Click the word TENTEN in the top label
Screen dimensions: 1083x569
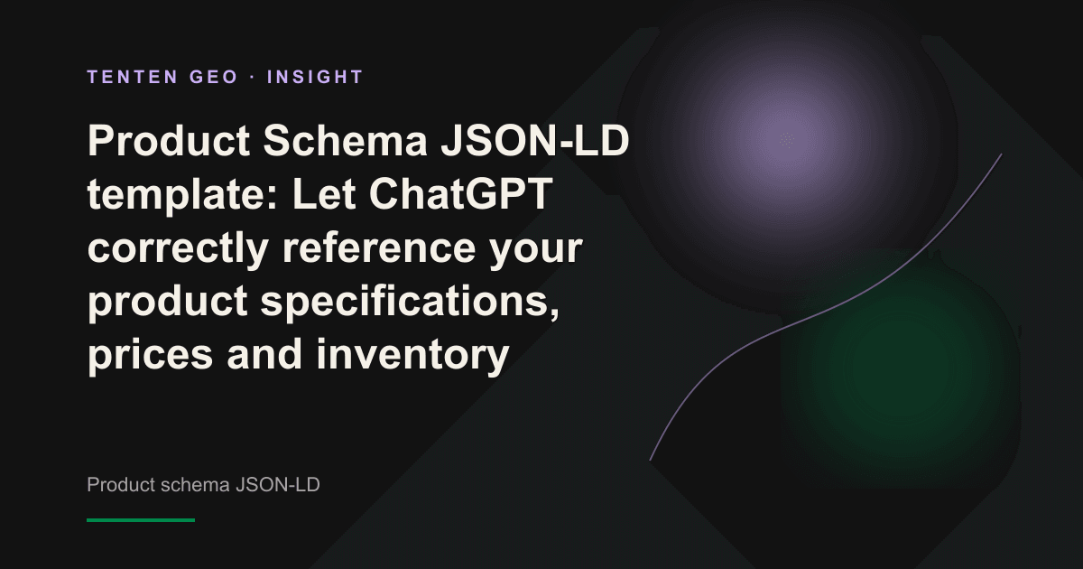(133, 77)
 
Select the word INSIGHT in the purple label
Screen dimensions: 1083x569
(315, 77)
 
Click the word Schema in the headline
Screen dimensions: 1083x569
(345, 141)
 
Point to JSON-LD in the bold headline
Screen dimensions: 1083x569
(534, 141)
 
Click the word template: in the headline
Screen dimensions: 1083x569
(182, 195)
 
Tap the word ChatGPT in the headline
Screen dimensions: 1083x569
(460, 194)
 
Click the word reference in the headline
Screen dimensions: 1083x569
(378, 248)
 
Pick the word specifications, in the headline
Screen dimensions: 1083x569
(410, 302)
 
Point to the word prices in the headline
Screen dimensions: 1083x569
(150, 355)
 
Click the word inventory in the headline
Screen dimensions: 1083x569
(412, 355)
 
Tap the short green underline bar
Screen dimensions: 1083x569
(141, 520)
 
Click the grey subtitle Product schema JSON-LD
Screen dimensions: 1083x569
(203, 485)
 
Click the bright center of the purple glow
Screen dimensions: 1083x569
(787, 140)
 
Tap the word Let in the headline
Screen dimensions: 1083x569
(324, 194)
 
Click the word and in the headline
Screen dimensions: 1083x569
(264, 355)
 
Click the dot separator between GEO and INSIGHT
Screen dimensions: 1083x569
(253, 77)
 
